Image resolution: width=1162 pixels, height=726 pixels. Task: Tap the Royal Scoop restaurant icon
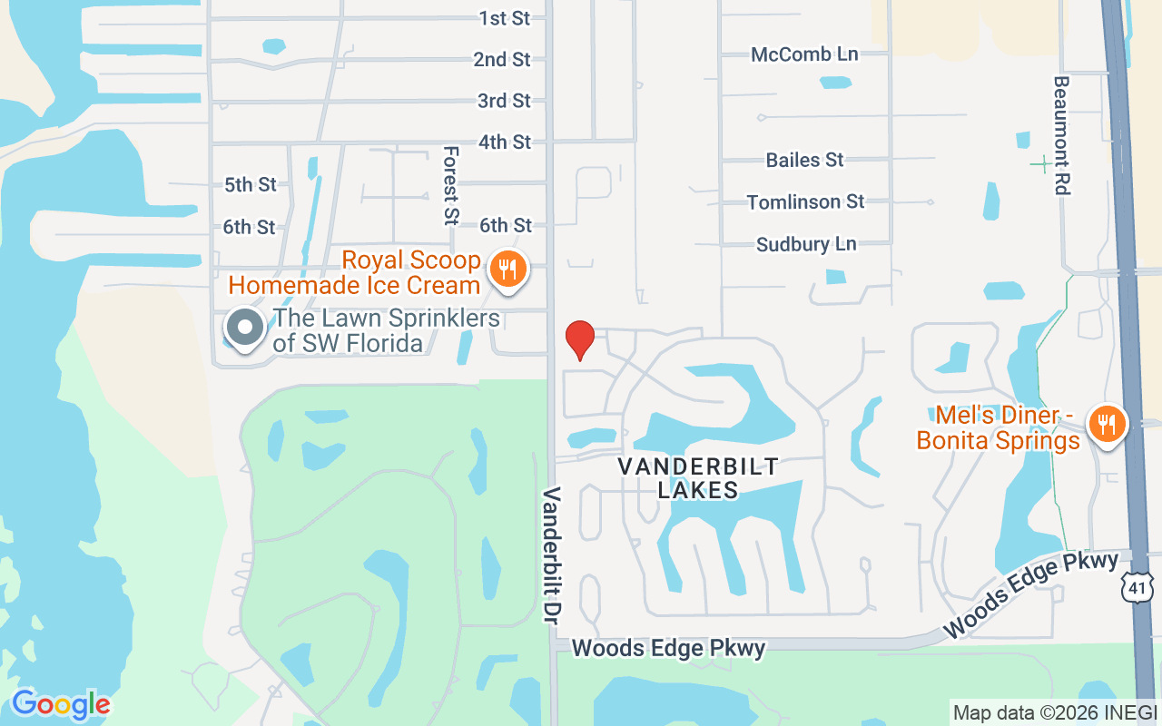tap(508, 270)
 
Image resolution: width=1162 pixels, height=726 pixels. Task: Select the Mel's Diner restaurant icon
tap(1106, 425)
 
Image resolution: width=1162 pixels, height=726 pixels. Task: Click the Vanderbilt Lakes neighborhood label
tap(697, 478)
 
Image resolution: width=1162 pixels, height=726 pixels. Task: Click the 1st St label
tap(505, 18)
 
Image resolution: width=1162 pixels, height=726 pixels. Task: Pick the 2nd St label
tap(502, 60)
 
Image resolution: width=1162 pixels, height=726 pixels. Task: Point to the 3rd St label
tap(504, 101)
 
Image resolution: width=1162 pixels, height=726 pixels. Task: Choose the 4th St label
tap(505, 142)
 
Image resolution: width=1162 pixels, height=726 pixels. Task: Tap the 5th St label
tap(251, 185)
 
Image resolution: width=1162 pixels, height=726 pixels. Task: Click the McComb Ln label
tap(804, 54)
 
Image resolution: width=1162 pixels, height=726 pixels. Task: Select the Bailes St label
tap(805, 161)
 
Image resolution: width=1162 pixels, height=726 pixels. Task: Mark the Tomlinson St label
tap(806, 201)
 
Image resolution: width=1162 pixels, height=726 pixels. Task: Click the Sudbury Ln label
tap(806, 244)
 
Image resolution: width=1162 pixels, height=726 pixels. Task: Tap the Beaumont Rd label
tap(1061, 134)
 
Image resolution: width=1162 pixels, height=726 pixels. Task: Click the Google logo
tap(61, 704)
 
